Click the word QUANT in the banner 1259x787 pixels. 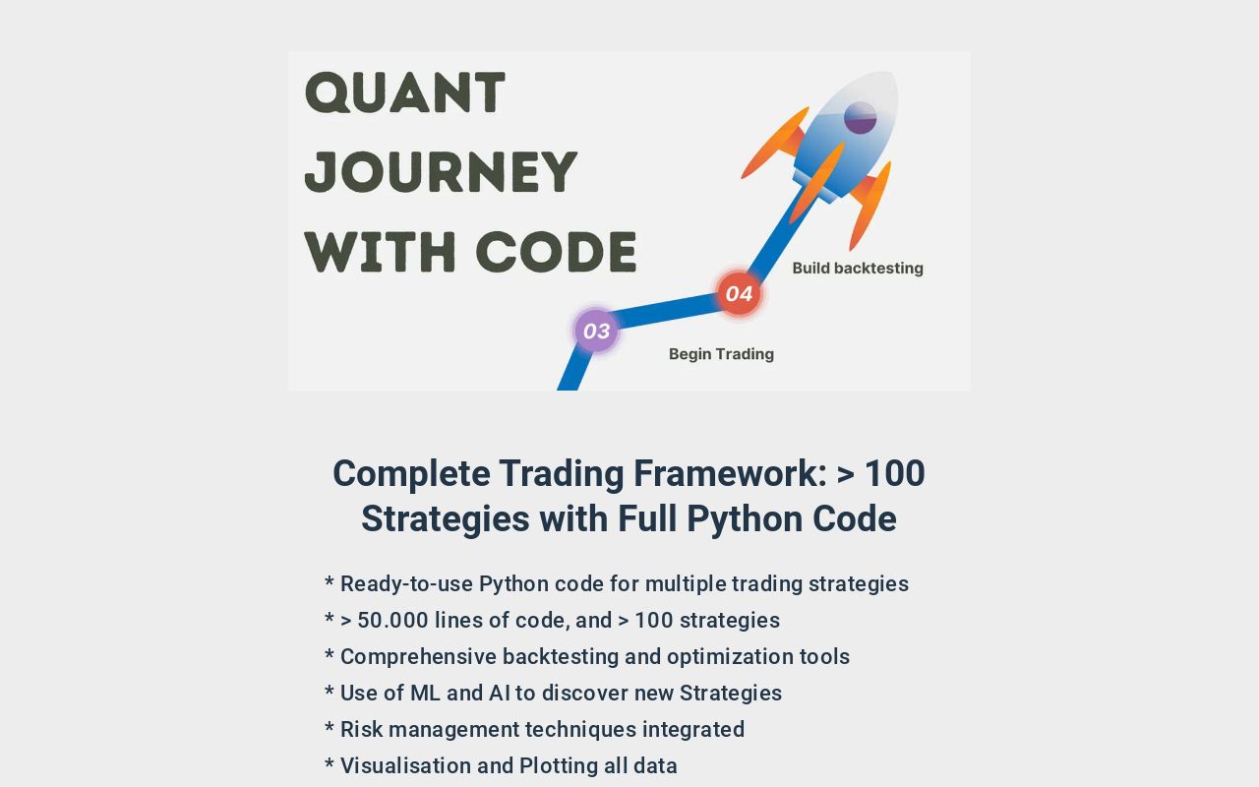click(x=405, y=92)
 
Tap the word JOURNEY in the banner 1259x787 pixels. click(x=441, y=171)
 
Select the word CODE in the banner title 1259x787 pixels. click(x=556, y=251)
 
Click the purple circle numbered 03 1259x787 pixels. click(x=596, y=331)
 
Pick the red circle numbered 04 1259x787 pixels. click(x=739, y=293)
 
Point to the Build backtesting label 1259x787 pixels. click(x=858, y=268)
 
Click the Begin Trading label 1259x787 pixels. click(x=721, y=354)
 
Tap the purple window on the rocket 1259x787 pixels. click(x=860, y=118)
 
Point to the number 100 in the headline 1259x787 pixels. click(x=894, y=473)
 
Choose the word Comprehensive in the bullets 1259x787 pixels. click(x=418, y=656)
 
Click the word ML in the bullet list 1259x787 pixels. click(x=426, y=693)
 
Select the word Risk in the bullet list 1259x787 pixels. click(x=362, y=729)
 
